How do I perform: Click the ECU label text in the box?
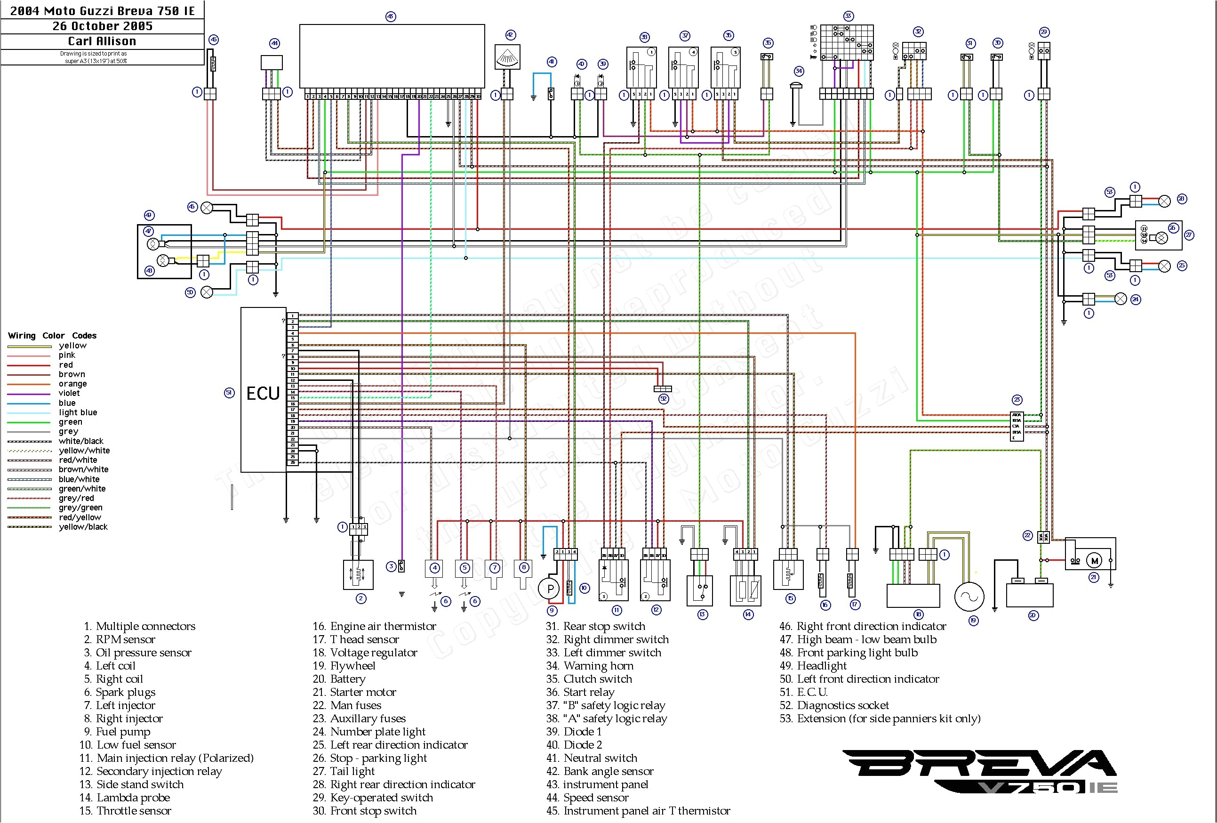[x=263, y=394]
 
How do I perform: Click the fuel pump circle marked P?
[x=550, y=589]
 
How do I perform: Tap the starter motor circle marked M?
[x=1094, y=561]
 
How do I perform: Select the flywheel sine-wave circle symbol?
[x=969, y=596]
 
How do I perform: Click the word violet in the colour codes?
[x=69, y=393]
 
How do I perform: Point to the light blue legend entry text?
[x=78, y=412]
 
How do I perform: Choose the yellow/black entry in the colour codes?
[x=83, y=526]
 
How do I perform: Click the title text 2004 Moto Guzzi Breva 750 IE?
[x=103, y=10]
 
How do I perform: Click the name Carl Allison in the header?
[x=102, y=41]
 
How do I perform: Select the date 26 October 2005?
[x=103, y=26]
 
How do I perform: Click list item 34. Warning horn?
[x=590, y=666]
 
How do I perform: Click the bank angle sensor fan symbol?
[x=507, y=57]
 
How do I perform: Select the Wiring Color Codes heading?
[x=52, y=335]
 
